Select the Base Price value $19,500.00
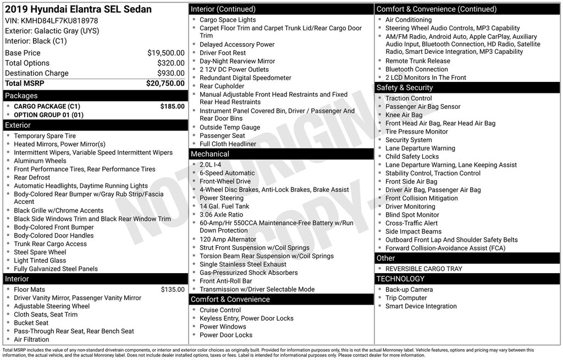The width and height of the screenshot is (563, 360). click(x=165, y=53)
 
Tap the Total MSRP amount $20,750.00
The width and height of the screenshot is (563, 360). click(x=165, y=83)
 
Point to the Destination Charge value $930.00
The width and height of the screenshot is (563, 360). click(x=170, y=73)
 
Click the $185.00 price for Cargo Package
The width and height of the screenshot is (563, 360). click(x=172, y=106)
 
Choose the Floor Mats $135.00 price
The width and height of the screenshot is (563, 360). click(x=172, y=290)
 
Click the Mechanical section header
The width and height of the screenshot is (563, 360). click(x=210, y=154)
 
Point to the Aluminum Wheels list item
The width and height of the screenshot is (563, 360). click(x=40, y=161)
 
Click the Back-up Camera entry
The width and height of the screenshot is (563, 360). click(x=409, y=290)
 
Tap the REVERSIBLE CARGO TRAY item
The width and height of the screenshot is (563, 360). click(x=423, y=269)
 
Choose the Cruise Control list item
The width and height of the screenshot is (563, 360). click(x=220, y=310)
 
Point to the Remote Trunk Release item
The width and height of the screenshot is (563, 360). click(x=417, y=61)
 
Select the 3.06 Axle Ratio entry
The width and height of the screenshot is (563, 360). click(x=221, y=214)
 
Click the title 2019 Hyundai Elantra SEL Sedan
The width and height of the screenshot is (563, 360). click(x=78, y=9)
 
